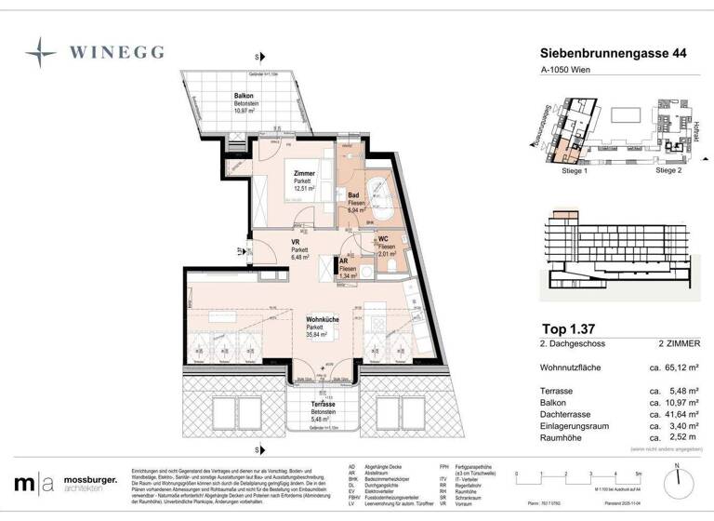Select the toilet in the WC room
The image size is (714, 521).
395,264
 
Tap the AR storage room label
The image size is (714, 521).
344,261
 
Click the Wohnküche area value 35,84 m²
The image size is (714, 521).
322,337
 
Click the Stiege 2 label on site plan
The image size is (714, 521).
668,171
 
